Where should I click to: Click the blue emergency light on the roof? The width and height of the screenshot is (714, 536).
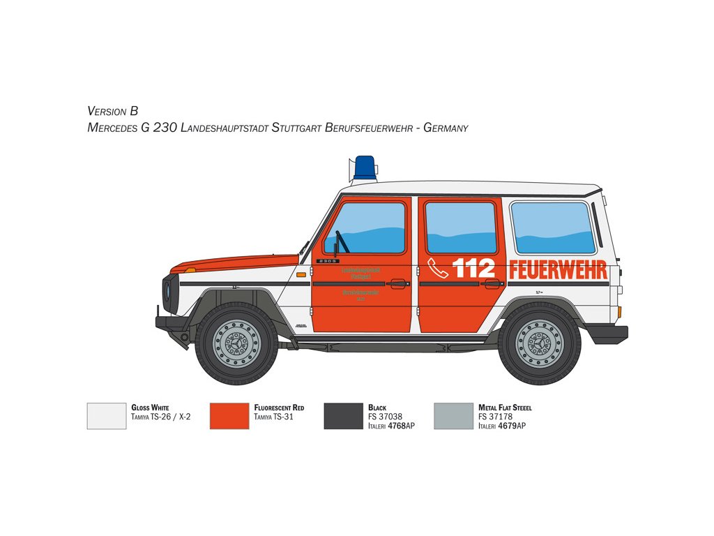pos(365,167)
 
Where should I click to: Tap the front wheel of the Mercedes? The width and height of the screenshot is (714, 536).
pos(236,343)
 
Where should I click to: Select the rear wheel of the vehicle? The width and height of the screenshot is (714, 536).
pos(539,343)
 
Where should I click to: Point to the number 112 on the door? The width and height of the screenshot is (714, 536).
pos(474,269)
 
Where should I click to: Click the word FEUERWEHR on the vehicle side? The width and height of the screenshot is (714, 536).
pos(558,270)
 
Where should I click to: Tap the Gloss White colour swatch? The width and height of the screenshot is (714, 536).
pos(107,416)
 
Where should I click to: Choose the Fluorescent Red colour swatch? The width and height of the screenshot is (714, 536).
pos(229,416)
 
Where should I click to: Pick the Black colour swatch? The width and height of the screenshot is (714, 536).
pos(344,416)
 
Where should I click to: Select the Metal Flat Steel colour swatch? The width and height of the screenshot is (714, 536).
pos(453,416)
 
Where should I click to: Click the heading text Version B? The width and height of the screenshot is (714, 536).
pos(113,111)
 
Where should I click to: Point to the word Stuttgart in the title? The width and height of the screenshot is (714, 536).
pos(296,128)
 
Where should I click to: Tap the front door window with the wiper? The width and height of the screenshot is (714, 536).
pos(365,228)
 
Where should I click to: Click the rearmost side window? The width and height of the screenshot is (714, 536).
pos(553,228)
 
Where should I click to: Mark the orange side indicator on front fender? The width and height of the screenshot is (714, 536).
pos(301,275)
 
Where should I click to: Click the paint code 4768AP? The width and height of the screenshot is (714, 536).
pos(401,426)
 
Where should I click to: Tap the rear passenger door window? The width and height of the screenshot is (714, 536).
pos(460,228)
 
